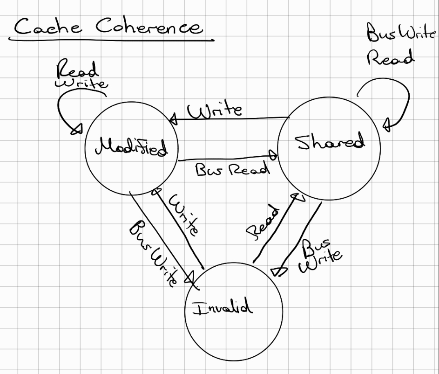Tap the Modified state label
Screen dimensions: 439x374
coord(131,148)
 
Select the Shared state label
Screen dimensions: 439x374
coord(330,142)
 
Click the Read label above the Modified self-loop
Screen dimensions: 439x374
coord(77,71)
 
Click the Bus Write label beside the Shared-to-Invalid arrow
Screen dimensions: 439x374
coord(321,256)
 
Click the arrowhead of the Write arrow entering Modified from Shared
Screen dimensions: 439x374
coord(173,120)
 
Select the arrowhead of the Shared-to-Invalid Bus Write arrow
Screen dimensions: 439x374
coord(276,271)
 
